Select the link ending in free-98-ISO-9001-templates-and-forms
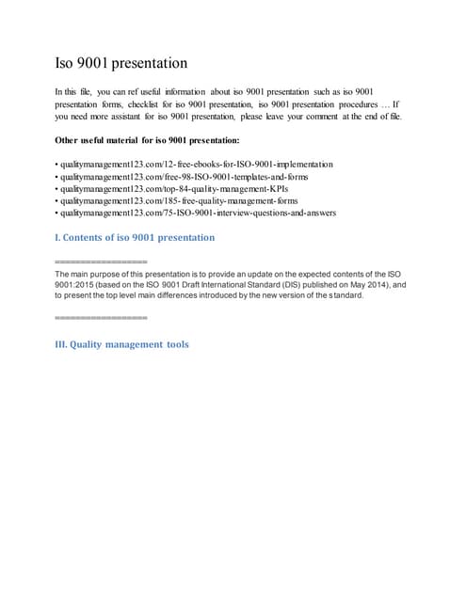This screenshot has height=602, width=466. pos(183,177)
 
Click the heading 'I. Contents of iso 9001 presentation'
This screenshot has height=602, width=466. pos(136,237)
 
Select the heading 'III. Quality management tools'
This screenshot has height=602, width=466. pos(122,344)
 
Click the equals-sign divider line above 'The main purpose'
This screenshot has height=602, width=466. pos(102,260)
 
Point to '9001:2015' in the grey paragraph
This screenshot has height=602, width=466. pos(77,284)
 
